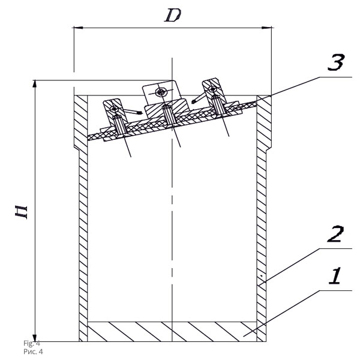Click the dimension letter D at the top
pyautogui.click(x=173, y=16)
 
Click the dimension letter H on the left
pyautogui.click(x=21, y=212)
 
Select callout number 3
pyautogui.click(x=336, y=62)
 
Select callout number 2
pyautogui.click(x=335, y=234)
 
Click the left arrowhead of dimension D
pyautogui.click(x=77, y=28)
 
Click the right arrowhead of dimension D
pyautogui.click(x=267, y=28)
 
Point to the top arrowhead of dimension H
pyautogui.click(x=35, y=84)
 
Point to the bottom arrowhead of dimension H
pyautogui.click(x=35, y=338)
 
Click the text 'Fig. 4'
pyautogui.click(x=32, y=343)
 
